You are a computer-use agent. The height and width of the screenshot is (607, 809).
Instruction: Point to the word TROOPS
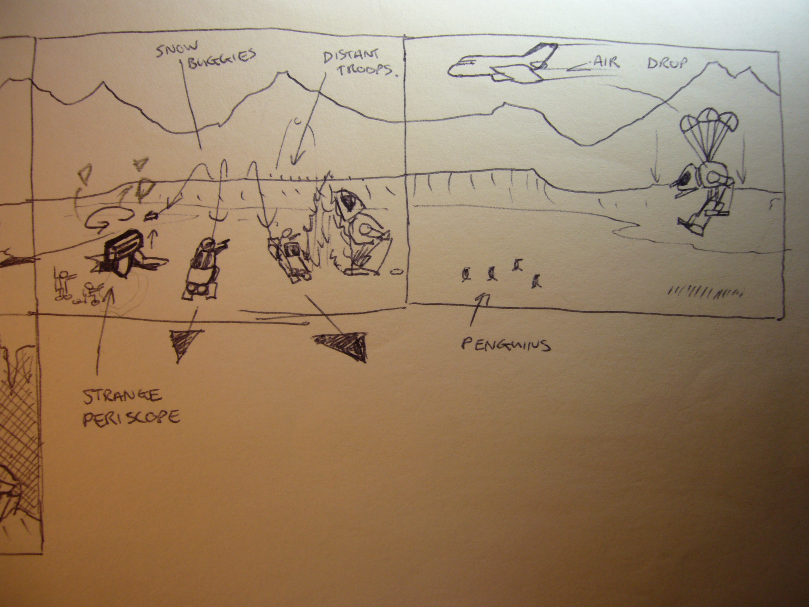[367, 69]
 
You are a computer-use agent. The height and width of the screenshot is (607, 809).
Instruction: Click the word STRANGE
[122, 396]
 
